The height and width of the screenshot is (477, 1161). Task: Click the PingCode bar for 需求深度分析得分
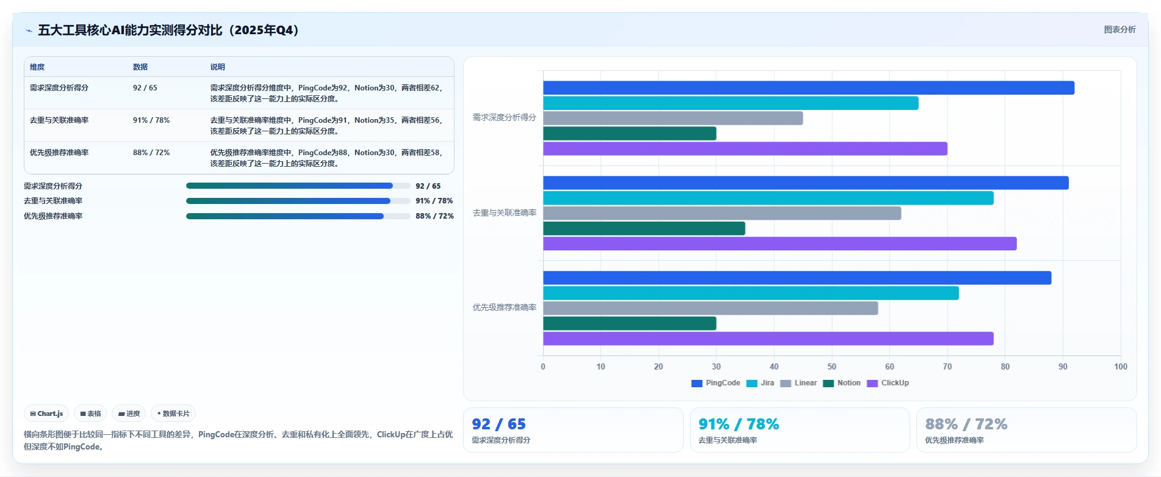tap(808, 88)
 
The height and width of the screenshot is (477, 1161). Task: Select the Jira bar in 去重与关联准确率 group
tap(768, 198)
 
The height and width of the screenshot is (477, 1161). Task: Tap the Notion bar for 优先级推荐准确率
tap(630, 323)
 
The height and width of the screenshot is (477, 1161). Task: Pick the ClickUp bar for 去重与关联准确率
tap(780, 244)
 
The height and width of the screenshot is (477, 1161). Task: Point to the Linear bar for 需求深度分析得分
tap(673, 118)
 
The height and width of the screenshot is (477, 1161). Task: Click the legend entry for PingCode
tap(716, 383)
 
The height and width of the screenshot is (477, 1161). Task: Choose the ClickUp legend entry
tap(888, 383)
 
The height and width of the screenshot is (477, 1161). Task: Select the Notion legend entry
tap(842, 383)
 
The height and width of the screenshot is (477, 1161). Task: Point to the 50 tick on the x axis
tap(832, 366)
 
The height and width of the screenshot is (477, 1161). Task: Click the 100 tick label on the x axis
tap(1121, 366)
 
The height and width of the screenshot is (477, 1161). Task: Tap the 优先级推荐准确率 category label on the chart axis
tap(505, 307)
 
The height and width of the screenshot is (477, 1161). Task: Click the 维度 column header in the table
tap(37, 67)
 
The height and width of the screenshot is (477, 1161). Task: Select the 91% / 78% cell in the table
tap(151, 120)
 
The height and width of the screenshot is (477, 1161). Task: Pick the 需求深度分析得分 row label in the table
tap(59, 88)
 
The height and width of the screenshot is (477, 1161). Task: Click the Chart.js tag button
tap(46, 413)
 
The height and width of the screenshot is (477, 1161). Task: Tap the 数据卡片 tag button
tap(173, 413)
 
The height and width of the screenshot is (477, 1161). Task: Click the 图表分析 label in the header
tap(1120, 29)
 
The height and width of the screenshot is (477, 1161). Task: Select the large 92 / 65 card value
tap(498, 424)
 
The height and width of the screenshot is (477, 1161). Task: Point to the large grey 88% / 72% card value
tap(966, 424)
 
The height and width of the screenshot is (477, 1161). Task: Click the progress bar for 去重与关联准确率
tap(298, 201)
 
